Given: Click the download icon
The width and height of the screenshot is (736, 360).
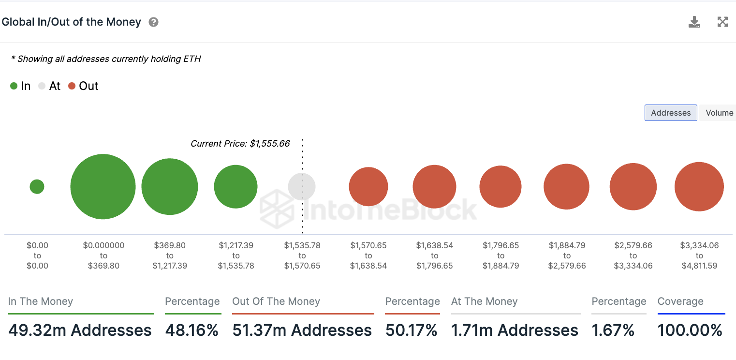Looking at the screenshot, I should tap(694, 22).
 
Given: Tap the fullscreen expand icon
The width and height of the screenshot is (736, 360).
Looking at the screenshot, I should tap(722, 22).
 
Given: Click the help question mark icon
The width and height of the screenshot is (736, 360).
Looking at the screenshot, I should tap(153, 22).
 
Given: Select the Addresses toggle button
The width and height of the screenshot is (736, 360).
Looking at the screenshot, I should tap(671, 113).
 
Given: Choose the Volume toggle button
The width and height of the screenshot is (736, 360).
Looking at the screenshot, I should tap(719, 113).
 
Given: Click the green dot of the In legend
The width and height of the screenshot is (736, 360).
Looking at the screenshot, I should tap(14, 86).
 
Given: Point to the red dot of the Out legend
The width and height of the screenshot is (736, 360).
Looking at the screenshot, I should tap(72, 86).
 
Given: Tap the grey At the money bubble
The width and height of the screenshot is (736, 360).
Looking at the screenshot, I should tap(302, 186).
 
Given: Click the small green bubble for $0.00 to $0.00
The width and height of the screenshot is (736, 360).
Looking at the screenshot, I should tap(37, 186).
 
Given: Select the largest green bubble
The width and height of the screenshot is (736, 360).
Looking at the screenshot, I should tap(103, 186).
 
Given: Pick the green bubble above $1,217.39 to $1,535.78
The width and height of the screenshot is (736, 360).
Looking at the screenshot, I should tap(236, 186).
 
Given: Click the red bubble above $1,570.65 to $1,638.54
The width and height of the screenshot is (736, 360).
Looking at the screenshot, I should tap(368, 186).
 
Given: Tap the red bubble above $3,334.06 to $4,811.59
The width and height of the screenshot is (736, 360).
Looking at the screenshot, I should tap(699, 186).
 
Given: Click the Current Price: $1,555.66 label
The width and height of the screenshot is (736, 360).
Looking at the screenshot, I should tap(240, 144).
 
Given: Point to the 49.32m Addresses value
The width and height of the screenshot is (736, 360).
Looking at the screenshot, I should tap(80, 330).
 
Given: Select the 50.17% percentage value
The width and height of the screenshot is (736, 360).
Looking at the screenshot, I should tap(412, 330).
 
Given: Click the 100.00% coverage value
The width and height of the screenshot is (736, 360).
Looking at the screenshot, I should tap(690, 330).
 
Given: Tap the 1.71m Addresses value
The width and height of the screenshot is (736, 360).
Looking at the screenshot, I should tap(515, 330).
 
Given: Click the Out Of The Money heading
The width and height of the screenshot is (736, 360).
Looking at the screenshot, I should tap(276, 301).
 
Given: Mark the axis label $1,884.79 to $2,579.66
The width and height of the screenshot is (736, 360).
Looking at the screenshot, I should tap(567, 255).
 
